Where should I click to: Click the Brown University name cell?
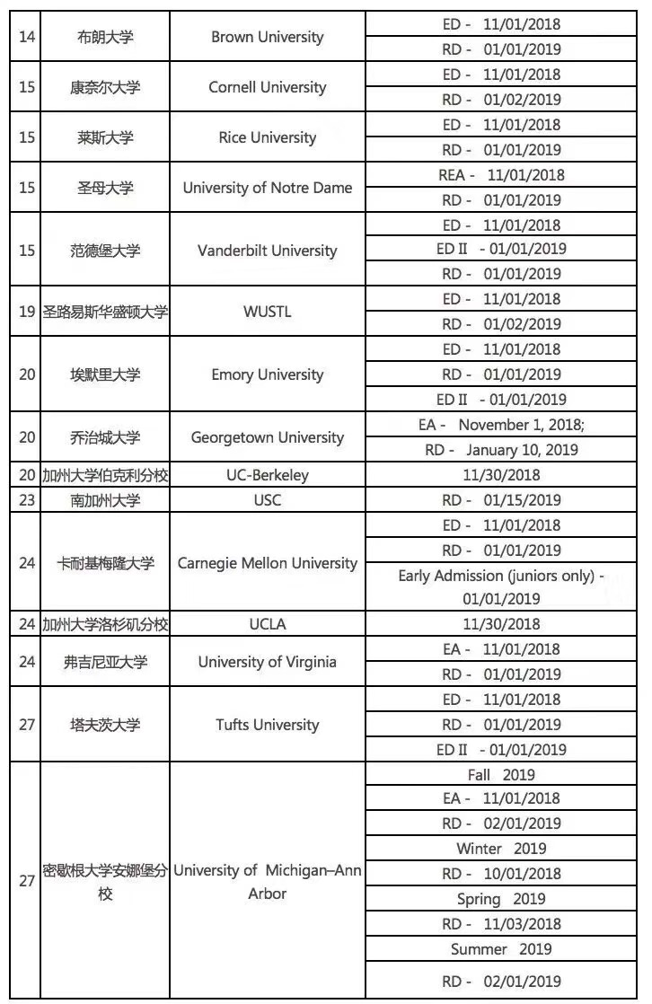point(267,37)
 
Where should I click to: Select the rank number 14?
point(27,37)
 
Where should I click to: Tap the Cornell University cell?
point(267,87)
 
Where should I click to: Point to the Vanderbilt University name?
point(267,251)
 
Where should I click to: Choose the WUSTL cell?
point(267,313)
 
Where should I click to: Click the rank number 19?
point(27,313)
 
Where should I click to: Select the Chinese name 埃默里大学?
point(106,374)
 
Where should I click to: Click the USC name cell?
point(267,500)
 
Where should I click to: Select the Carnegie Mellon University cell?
point(267,563)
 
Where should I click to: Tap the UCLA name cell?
point(267,624)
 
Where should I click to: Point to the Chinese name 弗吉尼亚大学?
point(106,662)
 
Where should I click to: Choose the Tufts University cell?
point(267,725)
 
